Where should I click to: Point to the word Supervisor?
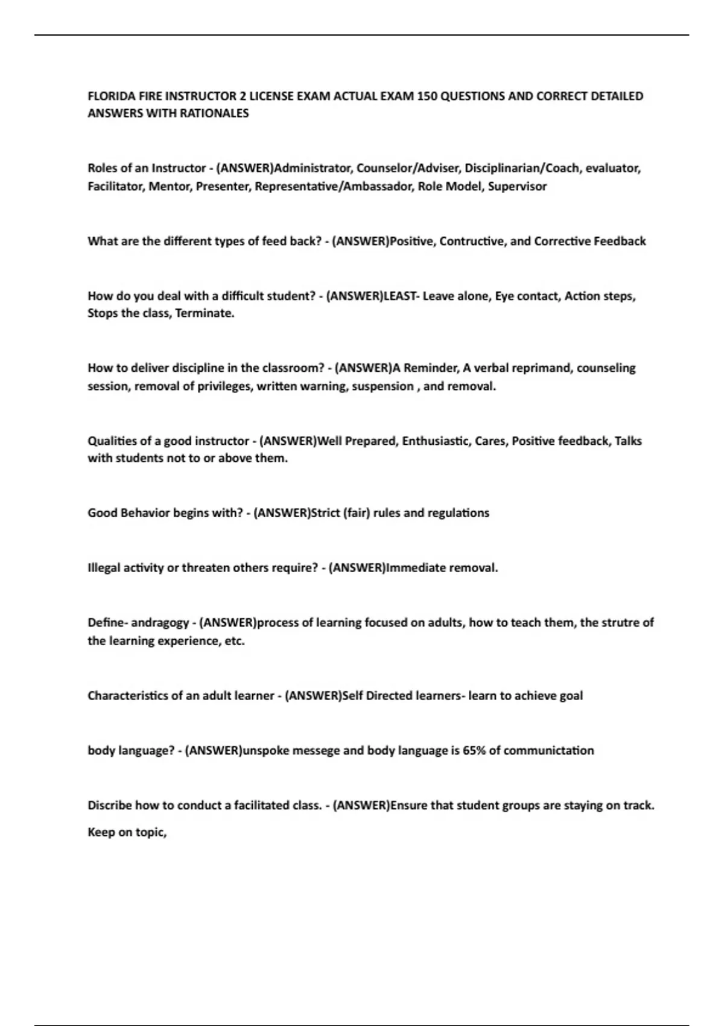[517, 186]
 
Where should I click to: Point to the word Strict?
[326, 513]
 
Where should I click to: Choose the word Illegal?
[103, 568]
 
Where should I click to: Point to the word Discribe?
[109, 806]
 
